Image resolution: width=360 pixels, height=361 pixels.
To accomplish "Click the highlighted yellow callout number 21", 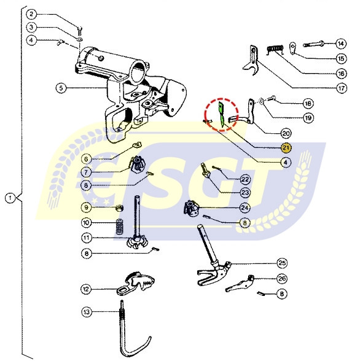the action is tap(286, 147).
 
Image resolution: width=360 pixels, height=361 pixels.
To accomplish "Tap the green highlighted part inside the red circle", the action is tap(221, 114).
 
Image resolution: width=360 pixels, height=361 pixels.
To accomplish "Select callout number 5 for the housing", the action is tap(61, 88).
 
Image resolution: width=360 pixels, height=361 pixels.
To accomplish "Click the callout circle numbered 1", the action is tap(10, 198).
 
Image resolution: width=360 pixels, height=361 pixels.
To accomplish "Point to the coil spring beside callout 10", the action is tap(120, 227).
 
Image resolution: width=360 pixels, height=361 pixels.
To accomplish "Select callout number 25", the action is tap(282, 263).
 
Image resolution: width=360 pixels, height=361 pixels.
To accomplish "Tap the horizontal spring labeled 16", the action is tap(275, 49).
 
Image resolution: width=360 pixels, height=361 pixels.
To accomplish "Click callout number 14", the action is tap(341, 44).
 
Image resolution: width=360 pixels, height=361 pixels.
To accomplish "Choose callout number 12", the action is tap(86, 289).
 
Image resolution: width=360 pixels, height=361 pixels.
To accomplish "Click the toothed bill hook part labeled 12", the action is tap(135, 283).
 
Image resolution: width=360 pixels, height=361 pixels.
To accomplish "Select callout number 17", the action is tap(342, 88).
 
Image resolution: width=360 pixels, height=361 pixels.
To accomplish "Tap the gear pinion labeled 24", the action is tap(190, 208).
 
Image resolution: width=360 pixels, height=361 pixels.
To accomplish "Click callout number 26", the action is tap(282, 279).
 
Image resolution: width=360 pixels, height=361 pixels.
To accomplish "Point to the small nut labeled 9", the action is tap(120, 208).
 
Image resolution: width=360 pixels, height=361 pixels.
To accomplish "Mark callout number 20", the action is tap(286, 133).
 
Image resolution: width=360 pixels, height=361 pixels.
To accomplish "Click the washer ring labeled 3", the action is tap(79, 39).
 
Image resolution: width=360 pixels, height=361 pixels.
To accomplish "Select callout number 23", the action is tap(245, 192).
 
